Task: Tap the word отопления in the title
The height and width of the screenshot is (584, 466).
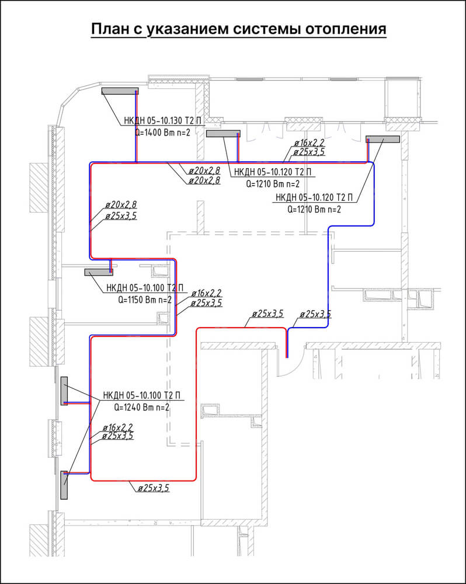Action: click(346, 29)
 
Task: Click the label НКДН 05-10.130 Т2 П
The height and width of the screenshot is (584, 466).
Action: click(163, 121)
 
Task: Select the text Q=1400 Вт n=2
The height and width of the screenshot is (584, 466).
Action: click(162, 132)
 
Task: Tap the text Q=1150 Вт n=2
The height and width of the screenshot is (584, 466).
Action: click(145, 300)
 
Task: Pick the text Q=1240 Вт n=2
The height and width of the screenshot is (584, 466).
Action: click(141, 407)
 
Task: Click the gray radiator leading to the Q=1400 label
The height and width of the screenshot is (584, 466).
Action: click(120, 91)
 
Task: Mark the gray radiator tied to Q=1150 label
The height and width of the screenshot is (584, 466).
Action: click(99, 272)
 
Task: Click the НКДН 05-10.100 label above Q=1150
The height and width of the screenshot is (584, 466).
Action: click(145, 288)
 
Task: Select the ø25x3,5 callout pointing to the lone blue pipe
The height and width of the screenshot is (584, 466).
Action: click(315, 314)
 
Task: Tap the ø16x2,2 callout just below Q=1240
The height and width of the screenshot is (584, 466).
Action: click(117, 427)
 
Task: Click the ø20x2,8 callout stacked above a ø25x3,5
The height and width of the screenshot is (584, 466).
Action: click(121, 204)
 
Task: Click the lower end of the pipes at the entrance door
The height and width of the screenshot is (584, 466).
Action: click(287, 357)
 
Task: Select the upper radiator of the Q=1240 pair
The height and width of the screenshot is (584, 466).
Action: click(64, 391)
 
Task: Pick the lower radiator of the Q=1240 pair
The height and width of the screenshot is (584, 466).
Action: click(64, 485)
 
